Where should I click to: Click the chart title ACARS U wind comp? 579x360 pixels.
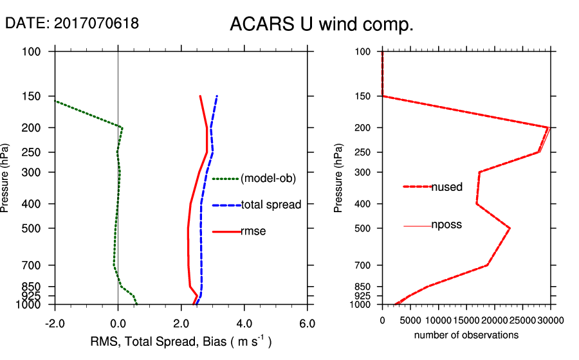pos(321,24)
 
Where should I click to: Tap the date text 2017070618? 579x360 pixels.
pos(96,23)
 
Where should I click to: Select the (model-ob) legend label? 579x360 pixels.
pos(268,179)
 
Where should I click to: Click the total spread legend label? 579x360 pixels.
pos(271,205)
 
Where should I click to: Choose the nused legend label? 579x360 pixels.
pos(446,187)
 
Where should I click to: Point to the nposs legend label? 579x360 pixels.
pos(446,225)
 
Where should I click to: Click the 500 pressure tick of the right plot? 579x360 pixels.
pos(363,228)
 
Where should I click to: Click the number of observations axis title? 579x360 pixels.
pos(466,335)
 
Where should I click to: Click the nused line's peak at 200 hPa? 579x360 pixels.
pos(548,127)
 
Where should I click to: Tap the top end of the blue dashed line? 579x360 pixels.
pos(217,96)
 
